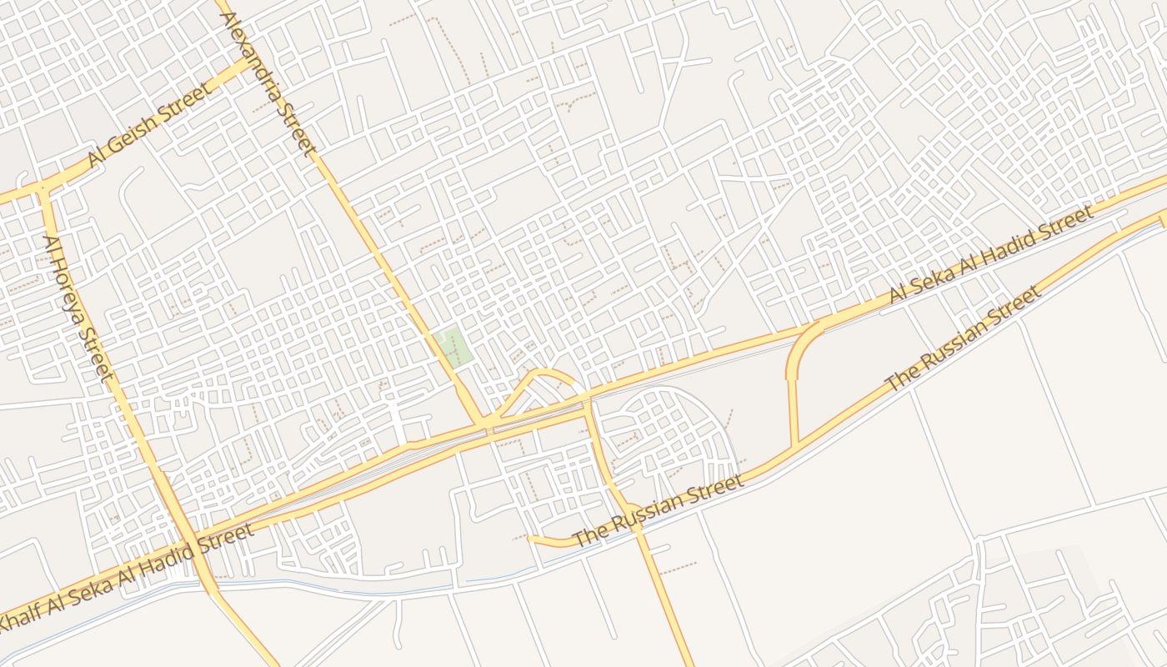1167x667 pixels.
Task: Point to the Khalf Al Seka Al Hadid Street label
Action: coord(125,578)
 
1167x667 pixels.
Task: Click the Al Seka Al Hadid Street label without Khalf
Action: coord(990,255)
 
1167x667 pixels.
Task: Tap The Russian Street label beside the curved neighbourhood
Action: coord(659,511)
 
